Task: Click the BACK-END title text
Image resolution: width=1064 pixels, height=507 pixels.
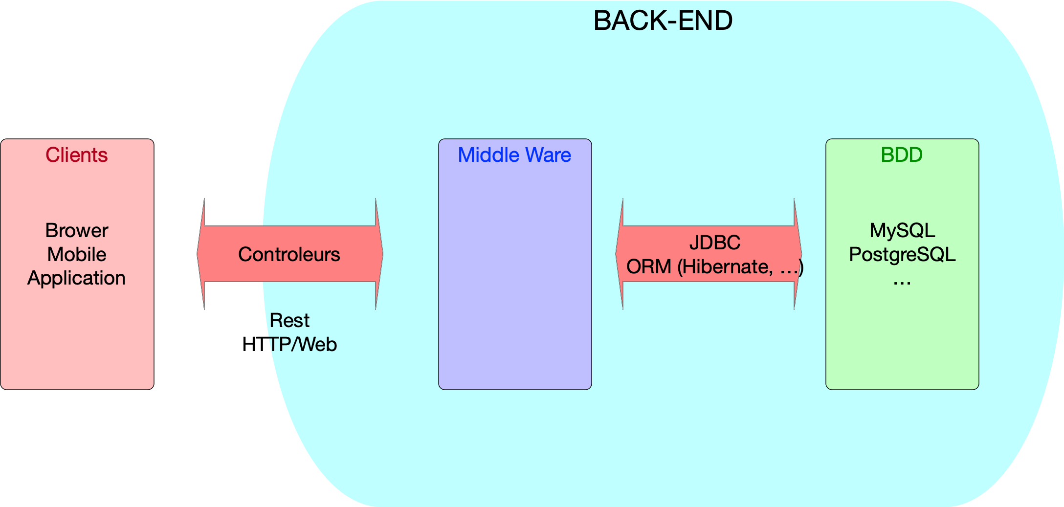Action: [663, 21]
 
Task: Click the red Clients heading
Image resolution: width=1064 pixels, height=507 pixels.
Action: [77, 155]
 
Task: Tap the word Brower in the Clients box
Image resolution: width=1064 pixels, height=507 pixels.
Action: [77, 230]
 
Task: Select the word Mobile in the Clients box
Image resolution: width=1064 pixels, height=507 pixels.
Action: [77, 254]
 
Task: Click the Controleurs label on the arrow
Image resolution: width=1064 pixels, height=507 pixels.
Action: [289, 254]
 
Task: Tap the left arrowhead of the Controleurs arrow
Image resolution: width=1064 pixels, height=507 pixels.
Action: [201, 254]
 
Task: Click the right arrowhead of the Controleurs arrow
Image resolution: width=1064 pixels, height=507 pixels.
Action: [379, 254]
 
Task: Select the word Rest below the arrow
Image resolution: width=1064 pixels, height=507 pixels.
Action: [289, 321]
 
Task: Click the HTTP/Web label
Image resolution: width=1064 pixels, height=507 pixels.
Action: [289, 345]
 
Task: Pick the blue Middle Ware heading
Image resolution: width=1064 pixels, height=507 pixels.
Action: [514, 155]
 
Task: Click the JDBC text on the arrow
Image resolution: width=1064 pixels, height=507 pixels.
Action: [715, 242]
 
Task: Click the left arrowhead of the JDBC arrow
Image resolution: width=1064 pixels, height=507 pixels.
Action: [620, 254]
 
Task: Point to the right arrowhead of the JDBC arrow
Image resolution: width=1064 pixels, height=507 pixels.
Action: [798, 254]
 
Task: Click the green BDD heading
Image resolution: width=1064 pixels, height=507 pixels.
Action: [902, 155]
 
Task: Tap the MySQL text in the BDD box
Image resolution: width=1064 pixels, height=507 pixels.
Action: [902, 230]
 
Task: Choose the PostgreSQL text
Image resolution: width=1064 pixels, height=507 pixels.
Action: [902, 255]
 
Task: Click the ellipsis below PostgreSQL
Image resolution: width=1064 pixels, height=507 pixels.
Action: [902, 283]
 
